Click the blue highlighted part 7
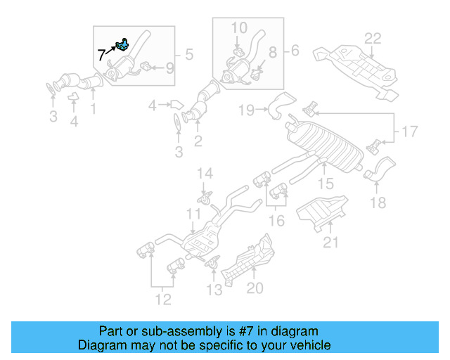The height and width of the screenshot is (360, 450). pos(122,46)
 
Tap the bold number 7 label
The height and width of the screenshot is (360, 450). pos(102,55)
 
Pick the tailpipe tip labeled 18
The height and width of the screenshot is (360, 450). pos(380,171)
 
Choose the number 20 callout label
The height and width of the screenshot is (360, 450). pos(255,288)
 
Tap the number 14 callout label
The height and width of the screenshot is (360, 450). pos(204,173)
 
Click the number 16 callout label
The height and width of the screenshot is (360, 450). pos(277,221)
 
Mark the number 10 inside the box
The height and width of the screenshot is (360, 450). pos(239,28)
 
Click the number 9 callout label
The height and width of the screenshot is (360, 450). pos(169,68)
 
